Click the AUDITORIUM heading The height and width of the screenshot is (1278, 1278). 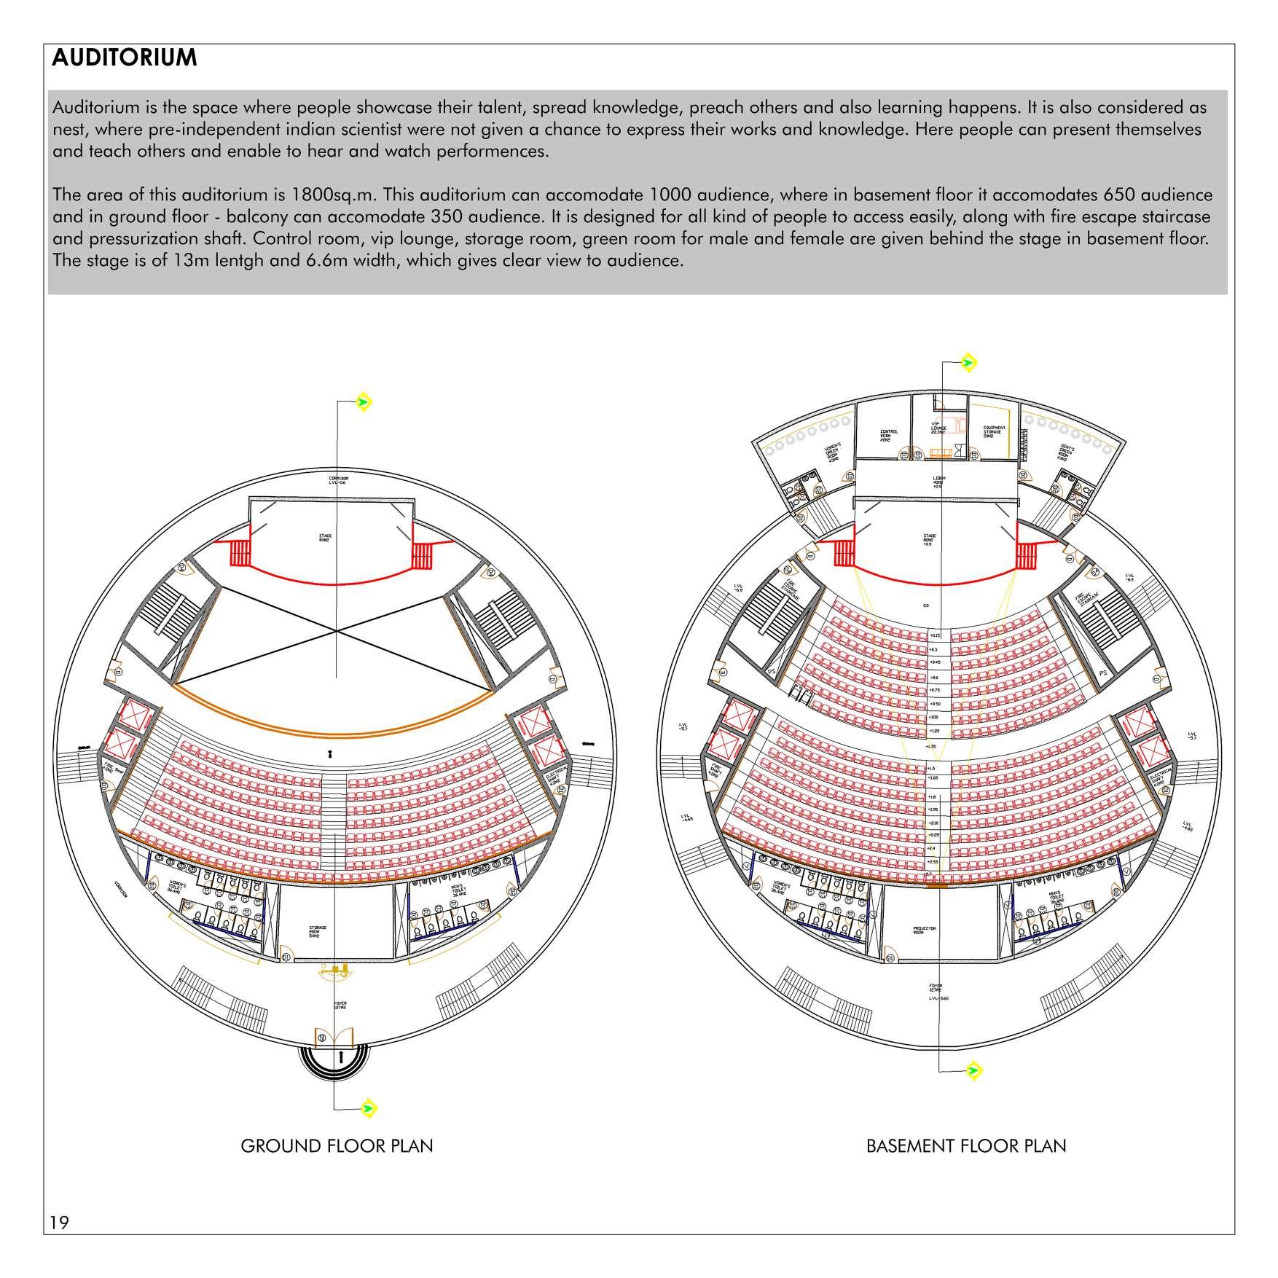click(x=125, y=58)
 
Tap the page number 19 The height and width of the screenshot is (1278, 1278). click(x=59, y=1222)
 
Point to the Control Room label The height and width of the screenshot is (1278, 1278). click(x=890, y=436)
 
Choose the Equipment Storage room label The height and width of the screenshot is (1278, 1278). click(x=995, y=431)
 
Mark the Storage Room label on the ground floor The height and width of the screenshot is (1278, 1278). click(x=318, y=931)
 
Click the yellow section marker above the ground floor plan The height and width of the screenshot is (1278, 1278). click(x=364, y=401)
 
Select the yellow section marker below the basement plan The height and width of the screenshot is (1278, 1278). click(x=972, y=1071)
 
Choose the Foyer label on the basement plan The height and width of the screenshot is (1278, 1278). click(x=938, y=989)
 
